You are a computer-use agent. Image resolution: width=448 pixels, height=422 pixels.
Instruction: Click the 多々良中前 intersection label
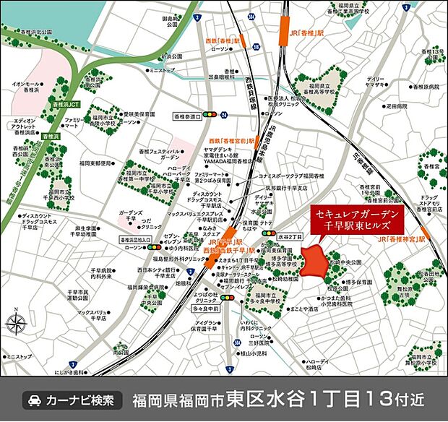[205, 307]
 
